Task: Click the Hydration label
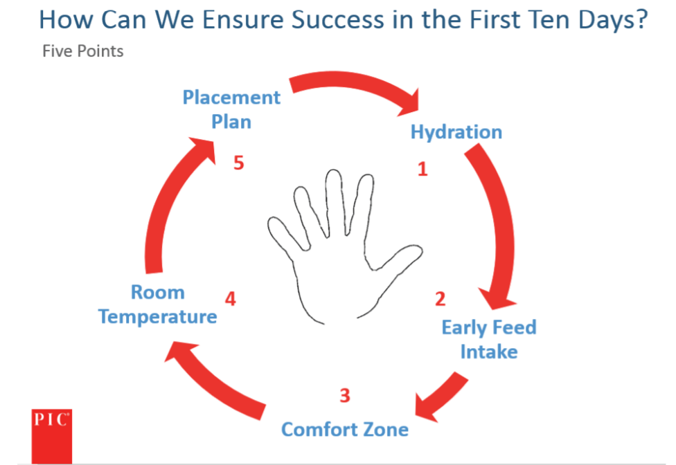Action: [x=456, y=132]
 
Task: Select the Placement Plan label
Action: [x=231, y=109]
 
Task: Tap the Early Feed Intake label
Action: [x=489, y=339]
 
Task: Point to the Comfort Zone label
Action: [x=345, y=429]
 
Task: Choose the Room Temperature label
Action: [x=158, y=304]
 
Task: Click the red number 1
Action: [x=423, y=169]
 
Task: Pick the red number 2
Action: [x=441, y=299]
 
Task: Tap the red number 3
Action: [x=345, y=395]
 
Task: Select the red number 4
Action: [x=231, y=299]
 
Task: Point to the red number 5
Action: [x=239, y=163]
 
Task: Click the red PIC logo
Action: [x=52, y=436]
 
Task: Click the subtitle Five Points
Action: [x=83, y=51]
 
